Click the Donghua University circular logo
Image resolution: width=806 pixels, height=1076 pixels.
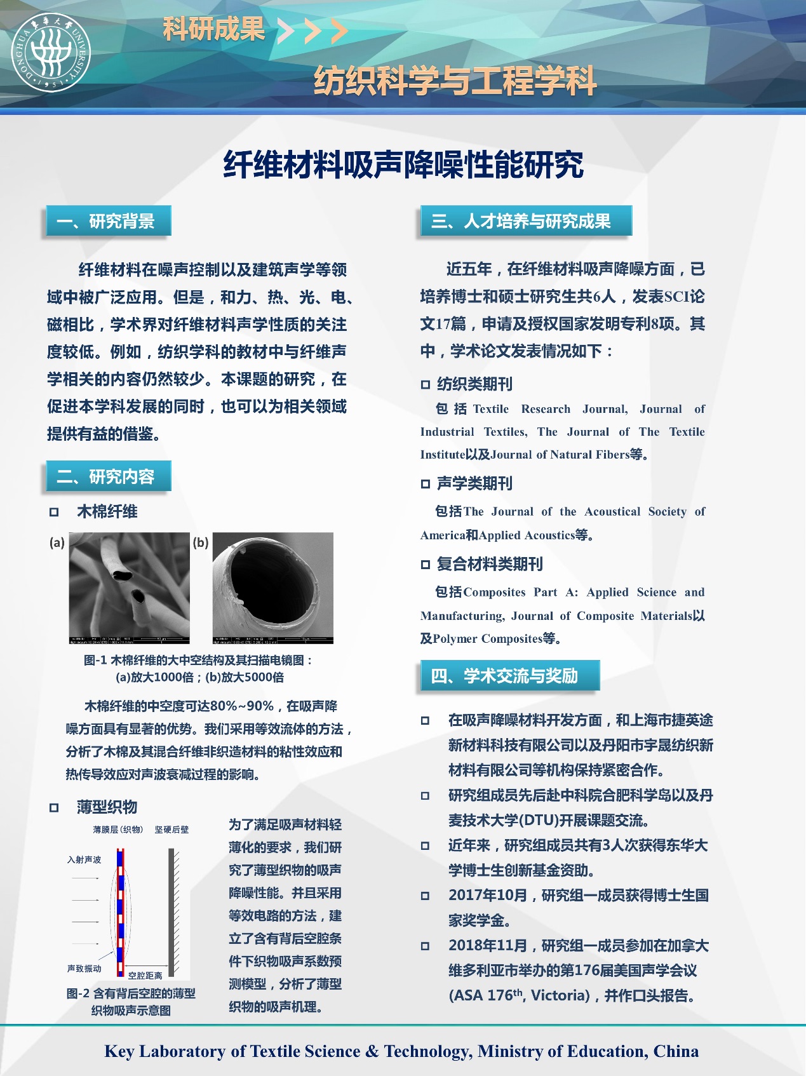(x=51, y=52)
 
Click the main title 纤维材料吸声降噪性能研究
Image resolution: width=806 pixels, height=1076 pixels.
(x=403, y=165)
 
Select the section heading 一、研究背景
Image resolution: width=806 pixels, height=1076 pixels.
(x=108, y=221)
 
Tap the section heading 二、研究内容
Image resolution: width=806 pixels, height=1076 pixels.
(x=108, y=476)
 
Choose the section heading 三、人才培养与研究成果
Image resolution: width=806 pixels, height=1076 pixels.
(x=525, y=221)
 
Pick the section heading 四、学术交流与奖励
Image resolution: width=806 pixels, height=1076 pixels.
(x=509, y=675)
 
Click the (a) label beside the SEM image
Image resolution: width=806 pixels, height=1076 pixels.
(x=57, y=542)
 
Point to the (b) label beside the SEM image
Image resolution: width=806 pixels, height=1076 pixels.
(x=201, y=542)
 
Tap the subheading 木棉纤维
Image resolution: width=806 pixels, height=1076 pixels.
(x=107, y=511)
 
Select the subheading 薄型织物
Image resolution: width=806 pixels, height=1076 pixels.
(x=107, y=807)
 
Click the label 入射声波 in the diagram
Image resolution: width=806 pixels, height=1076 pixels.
(x=84, y=859)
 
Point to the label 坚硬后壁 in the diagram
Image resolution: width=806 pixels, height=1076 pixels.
(x=171, y=830)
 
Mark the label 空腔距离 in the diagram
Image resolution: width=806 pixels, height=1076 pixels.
(x=145, y=976)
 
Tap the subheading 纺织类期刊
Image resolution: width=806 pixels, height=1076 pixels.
(x=474, y=384)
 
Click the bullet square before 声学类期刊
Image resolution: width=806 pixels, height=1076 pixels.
(x=426, y=484)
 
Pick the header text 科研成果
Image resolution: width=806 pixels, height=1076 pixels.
(x=213, y=29)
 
